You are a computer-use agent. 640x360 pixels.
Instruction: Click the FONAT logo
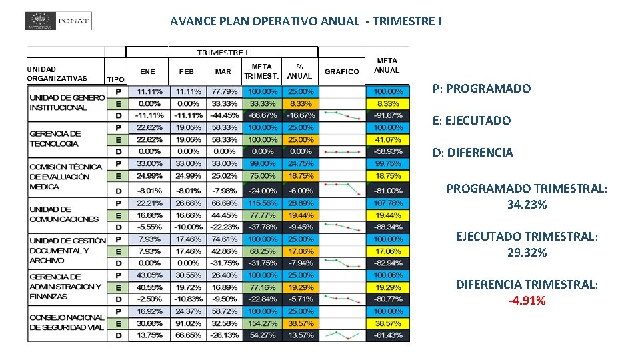coord(58,21)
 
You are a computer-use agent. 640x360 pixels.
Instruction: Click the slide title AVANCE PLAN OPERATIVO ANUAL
coord(305,21)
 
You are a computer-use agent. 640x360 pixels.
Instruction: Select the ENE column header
coord(147,71)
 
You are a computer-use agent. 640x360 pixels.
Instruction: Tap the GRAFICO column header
coord(341,71)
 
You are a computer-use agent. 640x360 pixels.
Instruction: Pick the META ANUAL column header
coord(387,65)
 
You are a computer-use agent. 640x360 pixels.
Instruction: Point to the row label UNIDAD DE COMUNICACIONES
coord(64,214)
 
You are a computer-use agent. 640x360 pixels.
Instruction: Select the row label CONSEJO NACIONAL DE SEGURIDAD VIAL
coord(67,323)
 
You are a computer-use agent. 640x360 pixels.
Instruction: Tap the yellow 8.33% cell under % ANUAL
coord(300,104)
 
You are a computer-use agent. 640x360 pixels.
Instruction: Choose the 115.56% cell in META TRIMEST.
coord(262,203)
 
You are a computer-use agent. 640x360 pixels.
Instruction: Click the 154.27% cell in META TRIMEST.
coord(262,323)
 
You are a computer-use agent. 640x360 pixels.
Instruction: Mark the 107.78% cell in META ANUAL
coord(387,203)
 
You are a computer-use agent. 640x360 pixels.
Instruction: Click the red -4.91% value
coord(527,301)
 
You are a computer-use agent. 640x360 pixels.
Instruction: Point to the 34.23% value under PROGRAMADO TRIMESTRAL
coord(527,205)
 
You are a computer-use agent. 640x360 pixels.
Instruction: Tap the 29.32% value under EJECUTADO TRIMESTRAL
coord(527,253)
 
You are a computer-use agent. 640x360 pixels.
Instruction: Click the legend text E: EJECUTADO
coord(471,121)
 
